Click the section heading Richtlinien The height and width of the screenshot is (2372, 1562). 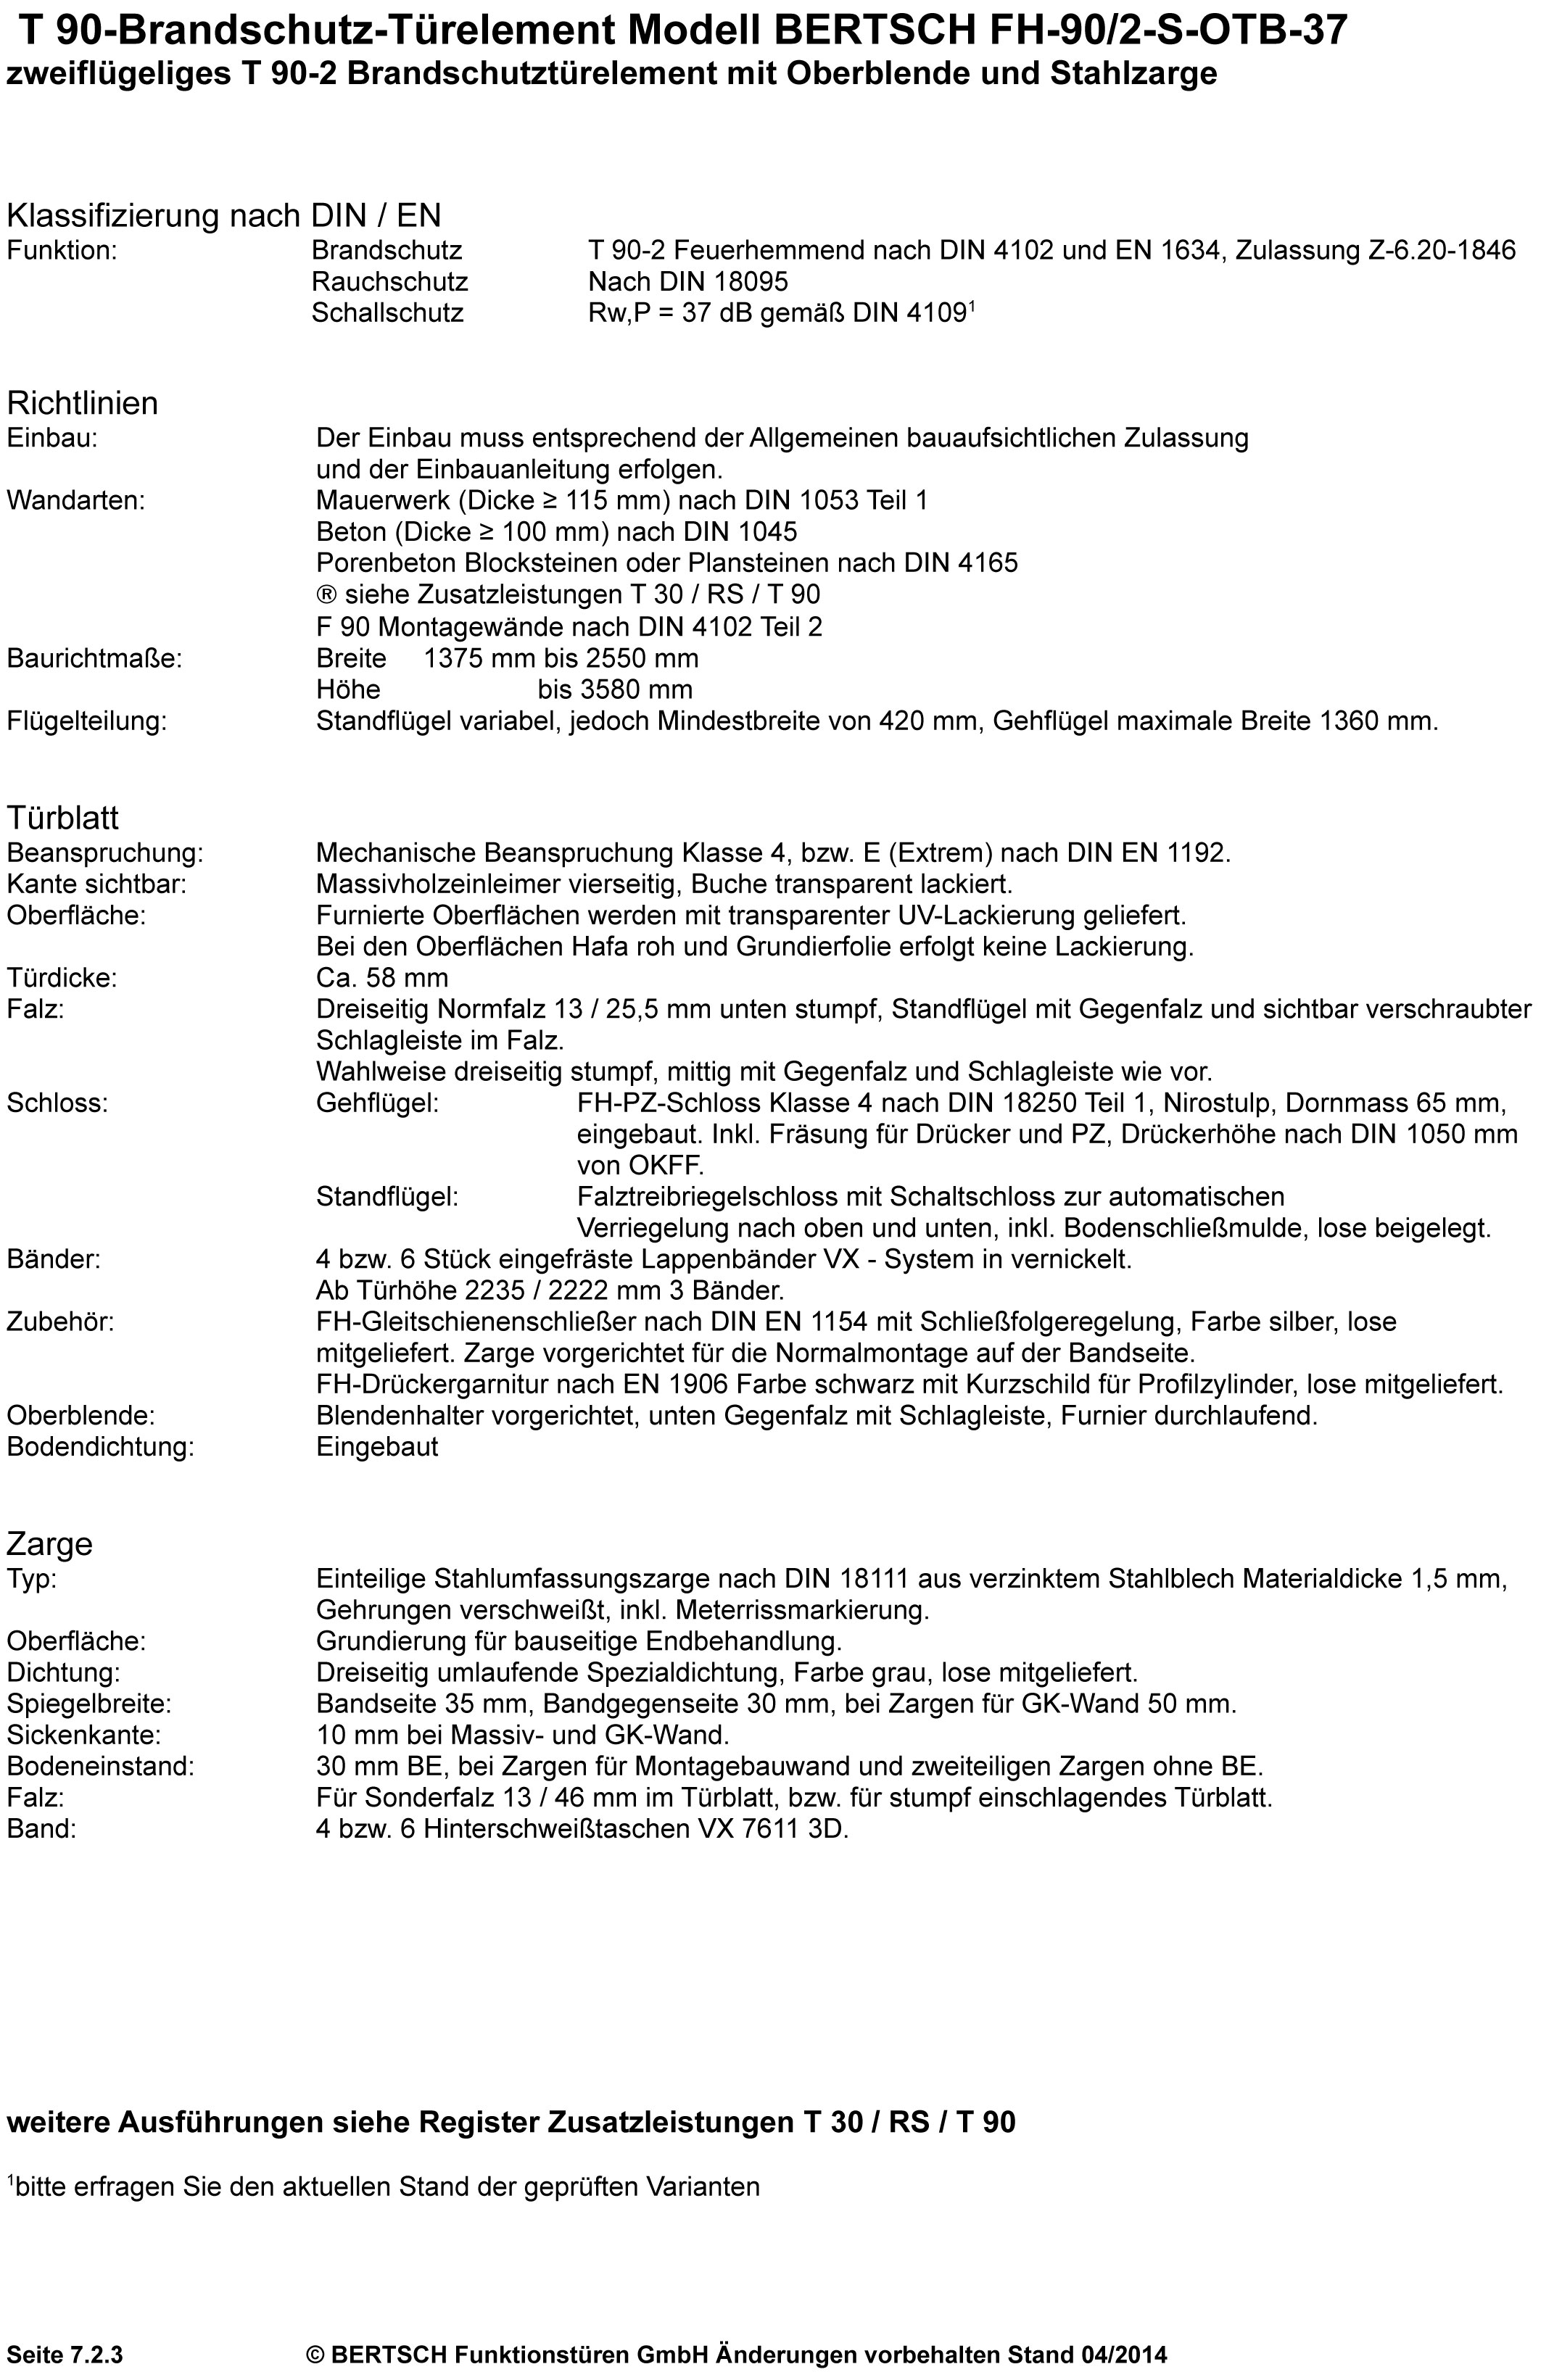point(83,404)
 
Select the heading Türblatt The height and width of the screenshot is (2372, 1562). point(63,818)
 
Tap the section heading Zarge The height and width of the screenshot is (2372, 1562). point(50,1545)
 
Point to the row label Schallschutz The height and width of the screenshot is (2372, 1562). point(388,313)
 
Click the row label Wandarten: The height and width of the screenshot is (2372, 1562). point(75,500)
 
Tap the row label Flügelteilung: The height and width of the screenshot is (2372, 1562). point(88,721)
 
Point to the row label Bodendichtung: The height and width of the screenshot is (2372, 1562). point(101,1447)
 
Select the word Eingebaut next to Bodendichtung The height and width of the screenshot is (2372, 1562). point(377,1447)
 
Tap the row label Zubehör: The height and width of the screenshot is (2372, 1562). point(61,1322)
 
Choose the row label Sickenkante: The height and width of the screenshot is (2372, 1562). point(83,1736)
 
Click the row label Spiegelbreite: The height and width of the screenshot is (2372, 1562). point(90,1704)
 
